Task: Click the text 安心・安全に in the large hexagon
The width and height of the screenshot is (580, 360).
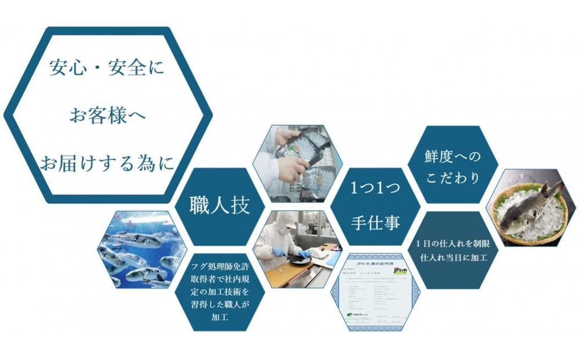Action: [107, 68]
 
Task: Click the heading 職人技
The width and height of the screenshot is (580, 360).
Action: [220, 206]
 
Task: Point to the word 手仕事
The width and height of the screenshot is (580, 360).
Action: [375, 222]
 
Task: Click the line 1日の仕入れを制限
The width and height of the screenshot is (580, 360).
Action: [452, 243]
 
